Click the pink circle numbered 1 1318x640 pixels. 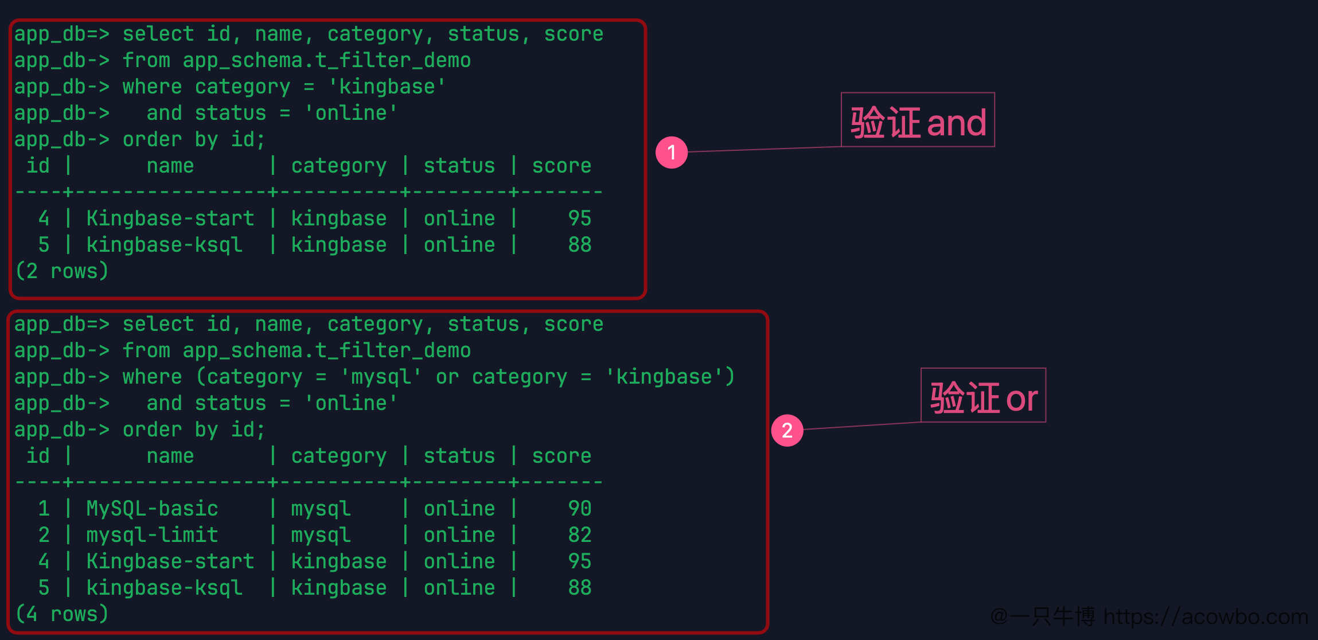click(672, 153)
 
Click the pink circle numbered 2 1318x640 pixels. click(787, 430)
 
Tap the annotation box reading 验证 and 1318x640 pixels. click(918, 120)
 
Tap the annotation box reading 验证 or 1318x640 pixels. click(983, 395)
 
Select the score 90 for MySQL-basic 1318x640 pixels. click(579, 509)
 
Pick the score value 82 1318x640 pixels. click(579, 535)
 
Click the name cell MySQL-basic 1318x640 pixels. click(152, 509)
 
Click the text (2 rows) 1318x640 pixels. click(62, 271)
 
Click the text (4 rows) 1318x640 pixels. click(62, 614)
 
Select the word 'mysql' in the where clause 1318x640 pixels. click(381, 377)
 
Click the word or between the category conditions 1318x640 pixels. click(447, 377)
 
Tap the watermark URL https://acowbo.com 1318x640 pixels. click(1206, 617)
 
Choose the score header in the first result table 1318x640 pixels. click(561, 166)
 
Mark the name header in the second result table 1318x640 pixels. click(170, 456)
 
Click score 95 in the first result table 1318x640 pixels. click(579, 218)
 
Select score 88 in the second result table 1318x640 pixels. click(579, 588)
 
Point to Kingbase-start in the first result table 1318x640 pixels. click(170, 218)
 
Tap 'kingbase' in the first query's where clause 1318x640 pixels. click(387, 87)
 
